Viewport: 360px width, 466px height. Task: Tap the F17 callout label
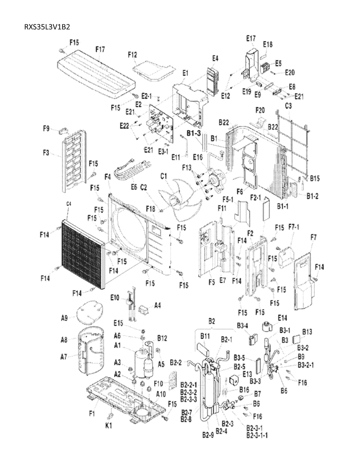[100, 50]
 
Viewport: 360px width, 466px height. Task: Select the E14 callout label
[282, 318]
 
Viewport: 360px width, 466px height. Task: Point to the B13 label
[307, 332]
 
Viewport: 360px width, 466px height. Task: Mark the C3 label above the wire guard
[288, 106]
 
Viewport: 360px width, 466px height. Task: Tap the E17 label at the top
[252, 38]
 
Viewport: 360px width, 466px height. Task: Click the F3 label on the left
[46, 153]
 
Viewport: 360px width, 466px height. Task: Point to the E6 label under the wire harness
[134, 187]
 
